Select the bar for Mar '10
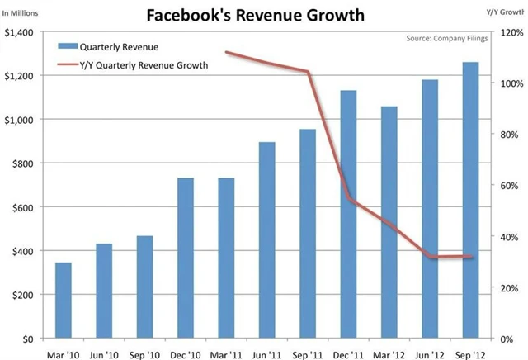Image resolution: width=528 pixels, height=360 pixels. point(64,301)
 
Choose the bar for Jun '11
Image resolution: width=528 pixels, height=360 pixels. point(267,240)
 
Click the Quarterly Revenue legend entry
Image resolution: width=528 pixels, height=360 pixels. point(116,46)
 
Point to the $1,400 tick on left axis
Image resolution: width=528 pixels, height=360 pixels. point(20,32)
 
